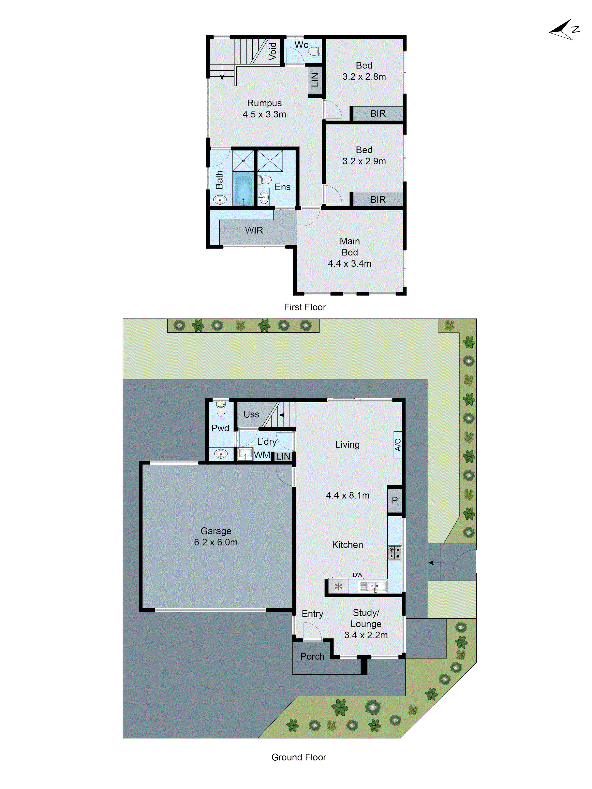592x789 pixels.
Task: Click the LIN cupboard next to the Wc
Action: (315, 80)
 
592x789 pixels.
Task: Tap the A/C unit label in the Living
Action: (397, 445)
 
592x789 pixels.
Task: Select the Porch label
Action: (312, 656)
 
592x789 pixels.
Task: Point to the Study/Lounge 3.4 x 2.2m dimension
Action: (366, 635)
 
